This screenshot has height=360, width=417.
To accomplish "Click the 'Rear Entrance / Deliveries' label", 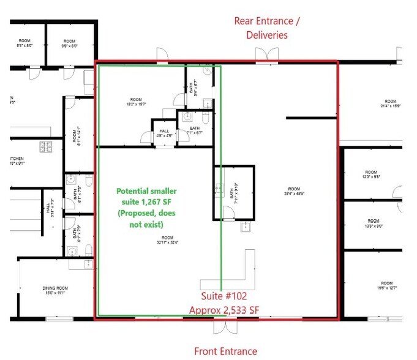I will coord(267,28).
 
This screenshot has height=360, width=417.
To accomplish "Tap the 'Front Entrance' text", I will coord(225,351).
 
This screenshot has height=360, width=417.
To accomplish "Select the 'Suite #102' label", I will coord(224,296).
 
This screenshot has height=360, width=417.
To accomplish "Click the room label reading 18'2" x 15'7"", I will coord(136,102).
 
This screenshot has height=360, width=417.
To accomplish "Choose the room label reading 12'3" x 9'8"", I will coord(372,174).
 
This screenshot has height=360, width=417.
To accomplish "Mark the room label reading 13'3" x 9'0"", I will coord(373,223).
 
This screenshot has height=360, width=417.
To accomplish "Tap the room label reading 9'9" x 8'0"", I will coord(69,43).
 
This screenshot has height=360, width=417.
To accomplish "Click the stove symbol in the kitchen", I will coord(45,147).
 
